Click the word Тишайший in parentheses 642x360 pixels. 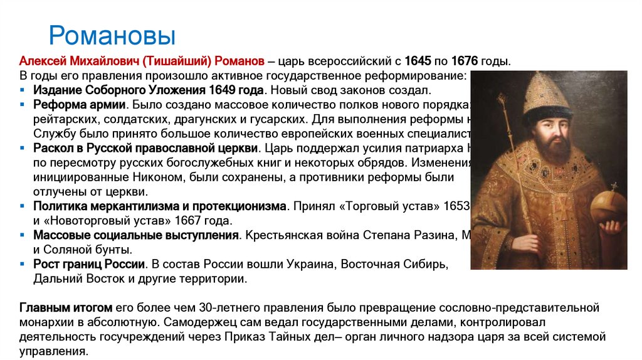tap(177, 61)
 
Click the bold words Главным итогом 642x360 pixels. tap(66, 308)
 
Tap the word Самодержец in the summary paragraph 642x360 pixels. tap(196, 322)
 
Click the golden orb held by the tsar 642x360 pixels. tap(609, 208)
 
